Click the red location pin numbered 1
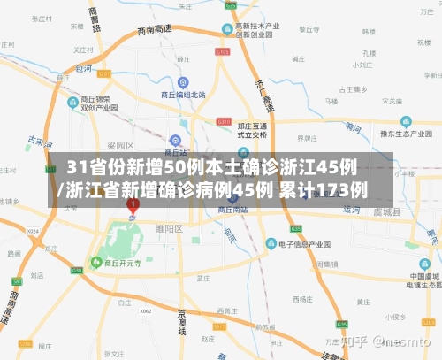tap(133, 205)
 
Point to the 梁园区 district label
tap(119, 144)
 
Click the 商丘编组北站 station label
tap(184, 93)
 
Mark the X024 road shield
tap(34, 232)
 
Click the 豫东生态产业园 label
tap(405, 134)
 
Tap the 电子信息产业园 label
tap(303, 243)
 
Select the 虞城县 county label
tap(386, 213)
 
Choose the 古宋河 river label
tap(36, 140)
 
